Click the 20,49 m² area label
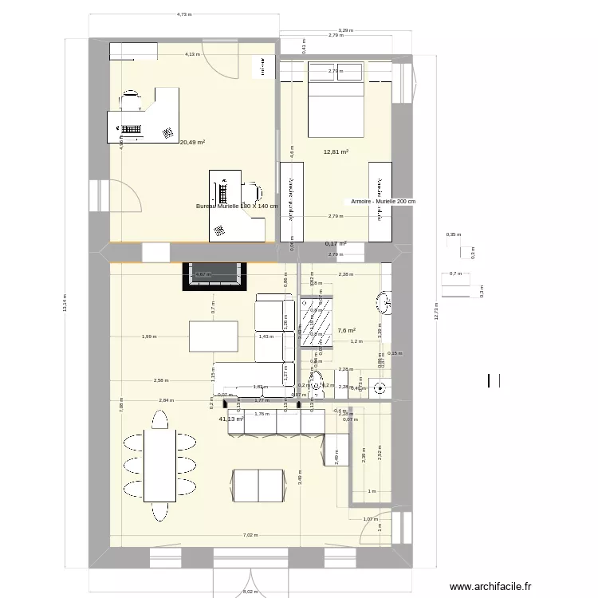192,143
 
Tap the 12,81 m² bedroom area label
336,151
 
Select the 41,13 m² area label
230,419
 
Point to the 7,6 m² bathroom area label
346,330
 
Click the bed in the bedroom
336,99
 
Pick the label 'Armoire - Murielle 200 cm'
383,203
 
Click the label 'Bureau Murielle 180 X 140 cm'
237,207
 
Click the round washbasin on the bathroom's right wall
384,301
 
